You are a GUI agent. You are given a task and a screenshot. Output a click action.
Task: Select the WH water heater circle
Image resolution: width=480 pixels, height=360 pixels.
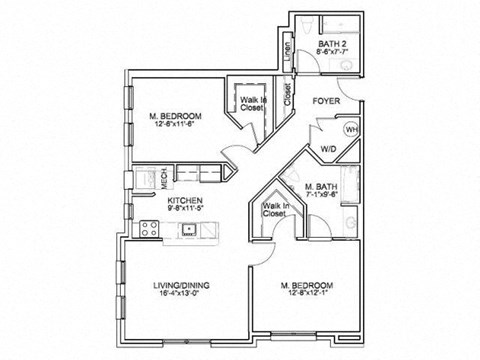(351, 130)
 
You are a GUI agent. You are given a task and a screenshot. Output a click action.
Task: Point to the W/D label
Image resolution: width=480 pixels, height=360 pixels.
(329, 149)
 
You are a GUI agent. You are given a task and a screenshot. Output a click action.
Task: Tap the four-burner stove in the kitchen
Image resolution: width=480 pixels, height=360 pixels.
(147, 229)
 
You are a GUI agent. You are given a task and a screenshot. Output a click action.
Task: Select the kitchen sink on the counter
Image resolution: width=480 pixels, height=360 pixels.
(187, 229)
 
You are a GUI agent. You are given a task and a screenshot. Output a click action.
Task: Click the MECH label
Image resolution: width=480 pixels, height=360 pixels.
(165, 180)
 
